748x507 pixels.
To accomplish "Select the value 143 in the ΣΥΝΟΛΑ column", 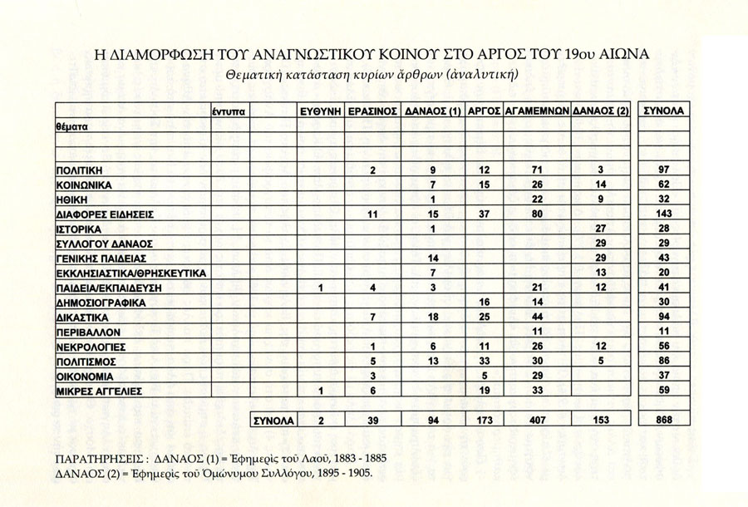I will [664, 214].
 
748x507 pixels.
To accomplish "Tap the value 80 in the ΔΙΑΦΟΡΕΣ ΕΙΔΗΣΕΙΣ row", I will [537, 214].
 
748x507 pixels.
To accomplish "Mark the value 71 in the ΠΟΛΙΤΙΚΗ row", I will [537, 170].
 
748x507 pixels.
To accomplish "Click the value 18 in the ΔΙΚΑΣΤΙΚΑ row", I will [431, 317].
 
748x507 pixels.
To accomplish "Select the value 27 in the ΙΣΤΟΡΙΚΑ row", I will [602, 229].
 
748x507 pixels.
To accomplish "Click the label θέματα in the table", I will [70, 126].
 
